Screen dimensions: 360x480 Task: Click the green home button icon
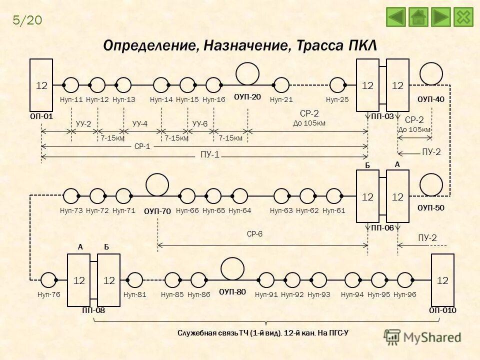click(x=418, y=16)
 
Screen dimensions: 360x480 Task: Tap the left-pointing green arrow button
click(x=396, y=16)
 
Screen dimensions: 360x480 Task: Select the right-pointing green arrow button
click(x=441, y=16)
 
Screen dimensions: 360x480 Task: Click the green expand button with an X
click(x=463, y=16)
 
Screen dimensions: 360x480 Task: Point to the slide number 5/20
click(x=27, y=20)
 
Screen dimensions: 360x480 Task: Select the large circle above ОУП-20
click(x=247, y=73)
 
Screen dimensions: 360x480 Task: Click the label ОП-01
click(x=41, y=116)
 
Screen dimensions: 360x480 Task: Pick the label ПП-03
click(x=382, y=116)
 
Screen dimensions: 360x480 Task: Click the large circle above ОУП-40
click(x=431, y=73)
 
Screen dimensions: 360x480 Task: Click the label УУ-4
click(x=140, y=123)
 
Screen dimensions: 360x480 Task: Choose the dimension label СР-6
click(x=254, y=234)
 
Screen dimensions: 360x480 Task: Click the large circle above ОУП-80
click(x=232, y=268)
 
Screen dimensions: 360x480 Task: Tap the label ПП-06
click(x=382, y=227)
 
